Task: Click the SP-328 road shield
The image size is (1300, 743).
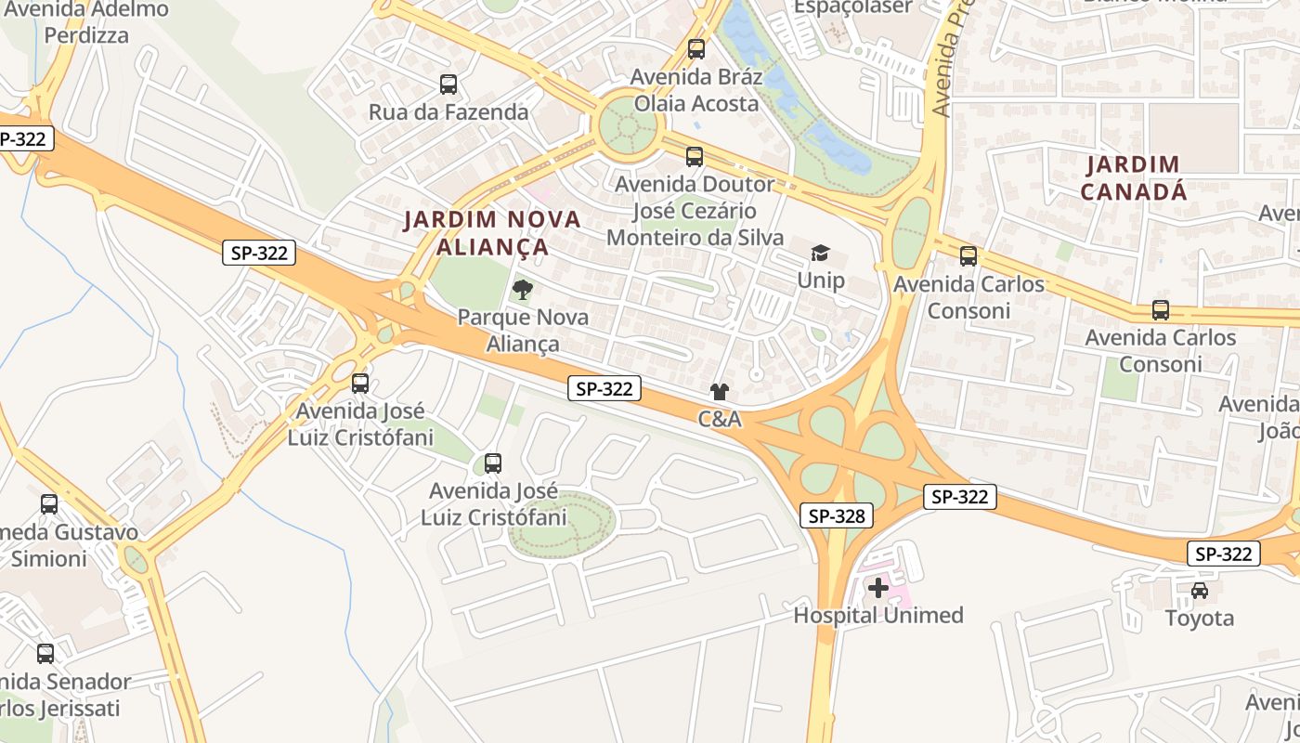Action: [x=837, y=515]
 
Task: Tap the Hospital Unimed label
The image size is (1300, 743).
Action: [x=878, y=615]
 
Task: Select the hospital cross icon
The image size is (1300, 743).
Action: [x=877, y=587]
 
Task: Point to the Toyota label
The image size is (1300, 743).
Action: [x=1200, y=618]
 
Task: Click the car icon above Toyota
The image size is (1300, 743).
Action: [x=1200, y=591]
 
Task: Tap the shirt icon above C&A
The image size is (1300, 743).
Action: [x=720, y=392]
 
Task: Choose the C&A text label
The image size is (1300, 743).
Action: [x=720, y=419]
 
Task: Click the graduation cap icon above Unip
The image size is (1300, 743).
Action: [x=820, y=253]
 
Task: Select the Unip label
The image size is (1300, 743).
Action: [x=821, y=280]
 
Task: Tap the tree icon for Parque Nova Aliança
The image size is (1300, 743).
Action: [x=523, y=290]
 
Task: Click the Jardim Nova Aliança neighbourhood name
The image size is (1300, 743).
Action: [x=492, y=233]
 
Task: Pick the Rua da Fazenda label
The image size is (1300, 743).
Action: [x=448, y=112]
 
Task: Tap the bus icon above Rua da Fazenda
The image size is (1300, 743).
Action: [x=448, y=85]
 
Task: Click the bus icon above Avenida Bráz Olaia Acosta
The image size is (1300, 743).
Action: [x=696, y=49]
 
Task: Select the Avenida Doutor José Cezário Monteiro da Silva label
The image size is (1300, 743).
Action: [x=695, y=211]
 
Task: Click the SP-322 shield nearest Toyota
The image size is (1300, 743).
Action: [x=1223, y=554]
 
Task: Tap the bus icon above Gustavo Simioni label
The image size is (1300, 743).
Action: [x=49, y=504]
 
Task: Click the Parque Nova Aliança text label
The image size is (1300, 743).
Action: [x=523, y=331]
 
